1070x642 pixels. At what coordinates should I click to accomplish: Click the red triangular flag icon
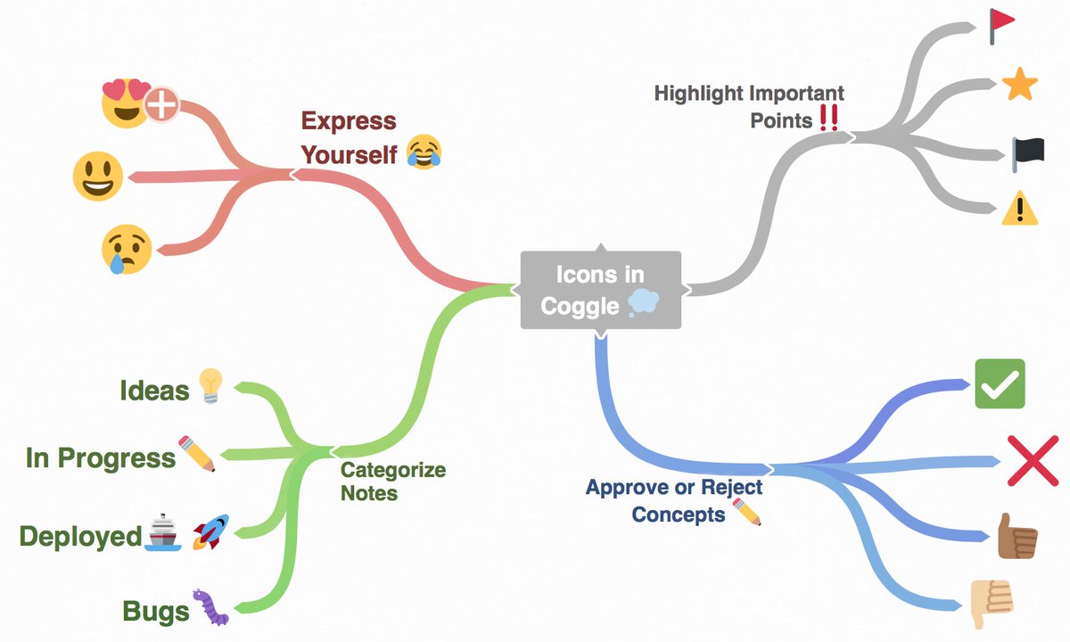1001,27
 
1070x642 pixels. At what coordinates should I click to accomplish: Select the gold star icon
1019,86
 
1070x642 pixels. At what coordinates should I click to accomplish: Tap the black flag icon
1020,153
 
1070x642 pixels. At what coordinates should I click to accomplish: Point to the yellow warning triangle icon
1019,210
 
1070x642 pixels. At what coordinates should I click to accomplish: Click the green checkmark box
1000,384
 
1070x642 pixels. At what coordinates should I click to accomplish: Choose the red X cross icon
1032,461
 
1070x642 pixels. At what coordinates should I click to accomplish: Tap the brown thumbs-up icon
1017,536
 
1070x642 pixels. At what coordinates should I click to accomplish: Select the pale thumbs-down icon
991,602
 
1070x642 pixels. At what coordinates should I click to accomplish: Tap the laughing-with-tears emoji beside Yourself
424,152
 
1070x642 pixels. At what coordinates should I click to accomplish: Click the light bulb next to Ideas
209,385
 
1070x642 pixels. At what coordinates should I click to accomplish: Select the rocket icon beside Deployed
210,531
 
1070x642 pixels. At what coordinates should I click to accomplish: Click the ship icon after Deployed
162,532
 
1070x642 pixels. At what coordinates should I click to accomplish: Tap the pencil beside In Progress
197,454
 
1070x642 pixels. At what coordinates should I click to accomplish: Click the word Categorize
393,470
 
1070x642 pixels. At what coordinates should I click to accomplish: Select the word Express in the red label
348,121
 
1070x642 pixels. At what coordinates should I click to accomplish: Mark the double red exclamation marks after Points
828,119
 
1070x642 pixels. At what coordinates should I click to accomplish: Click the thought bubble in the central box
643,304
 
